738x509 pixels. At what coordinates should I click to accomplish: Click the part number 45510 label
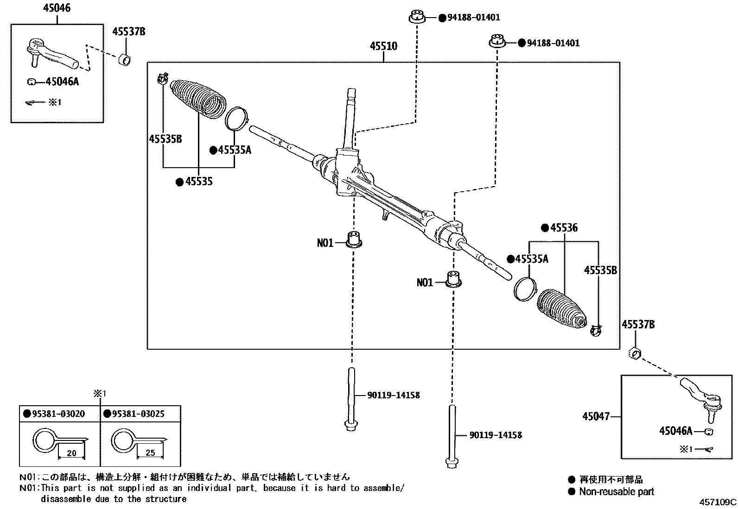pyautogui.click(x=383, y=46)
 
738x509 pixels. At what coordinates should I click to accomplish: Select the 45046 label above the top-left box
pyautogui.click(x=57, y=8)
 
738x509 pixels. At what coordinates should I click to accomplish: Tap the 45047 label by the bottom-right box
pyautogui.click(x=596, y=416)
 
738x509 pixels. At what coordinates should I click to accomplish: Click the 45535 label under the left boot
pyautogui.click(x=198, y=182)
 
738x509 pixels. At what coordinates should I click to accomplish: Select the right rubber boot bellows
pyautogui.click(x=561, y=310)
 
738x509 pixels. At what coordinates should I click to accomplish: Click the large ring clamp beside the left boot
pyautogui.click(x=236, y=119)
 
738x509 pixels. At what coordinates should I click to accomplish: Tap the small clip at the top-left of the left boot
pyautogui.click(x=162, y=79)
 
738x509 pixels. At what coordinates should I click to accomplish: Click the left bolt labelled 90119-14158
pyautogui.click(x=351, y=398)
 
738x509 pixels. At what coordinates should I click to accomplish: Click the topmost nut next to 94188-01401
pyautogui.click(x=417, y=17)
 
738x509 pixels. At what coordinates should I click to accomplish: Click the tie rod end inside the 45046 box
pyautogui.click(x=51, y=53)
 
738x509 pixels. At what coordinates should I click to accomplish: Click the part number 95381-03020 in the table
pyautogui.click(x=58, y=414)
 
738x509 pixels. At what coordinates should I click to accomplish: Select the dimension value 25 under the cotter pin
pyautogui.click(x=150, y=453)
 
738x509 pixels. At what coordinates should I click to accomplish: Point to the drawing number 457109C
pyautogui.click(x=718, y=502)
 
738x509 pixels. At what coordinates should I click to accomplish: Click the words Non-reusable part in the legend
pyautogui.click(x=616, y=492)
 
